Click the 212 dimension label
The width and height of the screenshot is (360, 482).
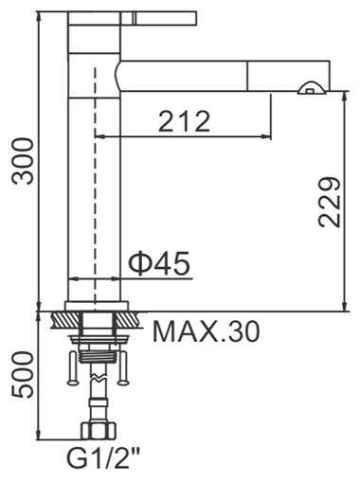[185, 121]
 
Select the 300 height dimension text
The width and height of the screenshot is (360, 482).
[23, 161]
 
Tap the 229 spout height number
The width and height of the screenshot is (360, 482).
[330, 203]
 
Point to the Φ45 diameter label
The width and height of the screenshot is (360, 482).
[159, 263]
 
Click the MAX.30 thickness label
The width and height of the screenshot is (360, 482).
[207, 331]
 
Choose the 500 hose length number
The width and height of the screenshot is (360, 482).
[23, 375]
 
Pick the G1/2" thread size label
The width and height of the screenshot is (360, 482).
[103, 460]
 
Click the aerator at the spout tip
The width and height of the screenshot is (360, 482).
[312, 88]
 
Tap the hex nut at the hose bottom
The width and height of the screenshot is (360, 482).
[99, 431]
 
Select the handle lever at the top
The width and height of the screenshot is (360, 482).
[132, 18]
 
